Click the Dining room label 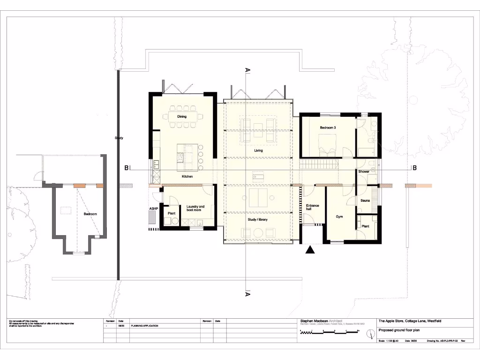click(182, 116)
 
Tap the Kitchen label click(187, 177)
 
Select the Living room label click(258, 150)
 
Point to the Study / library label click(258, 219)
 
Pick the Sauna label click(366, 201)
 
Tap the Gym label click(340, 217)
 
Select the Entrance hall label click(313, 208)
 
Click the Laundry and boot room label click(195, 208)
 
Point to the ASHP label click(153, 208)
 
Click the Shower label click(364, 172)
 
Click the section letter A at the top click(247, 70)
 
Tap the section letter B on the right click(414, 168)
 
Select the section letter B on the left click(126, 168)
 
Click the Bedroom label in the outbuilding click(90, 214)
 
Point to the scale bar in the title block click(328, 332)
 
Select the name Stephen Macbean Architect click(321, 321)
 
